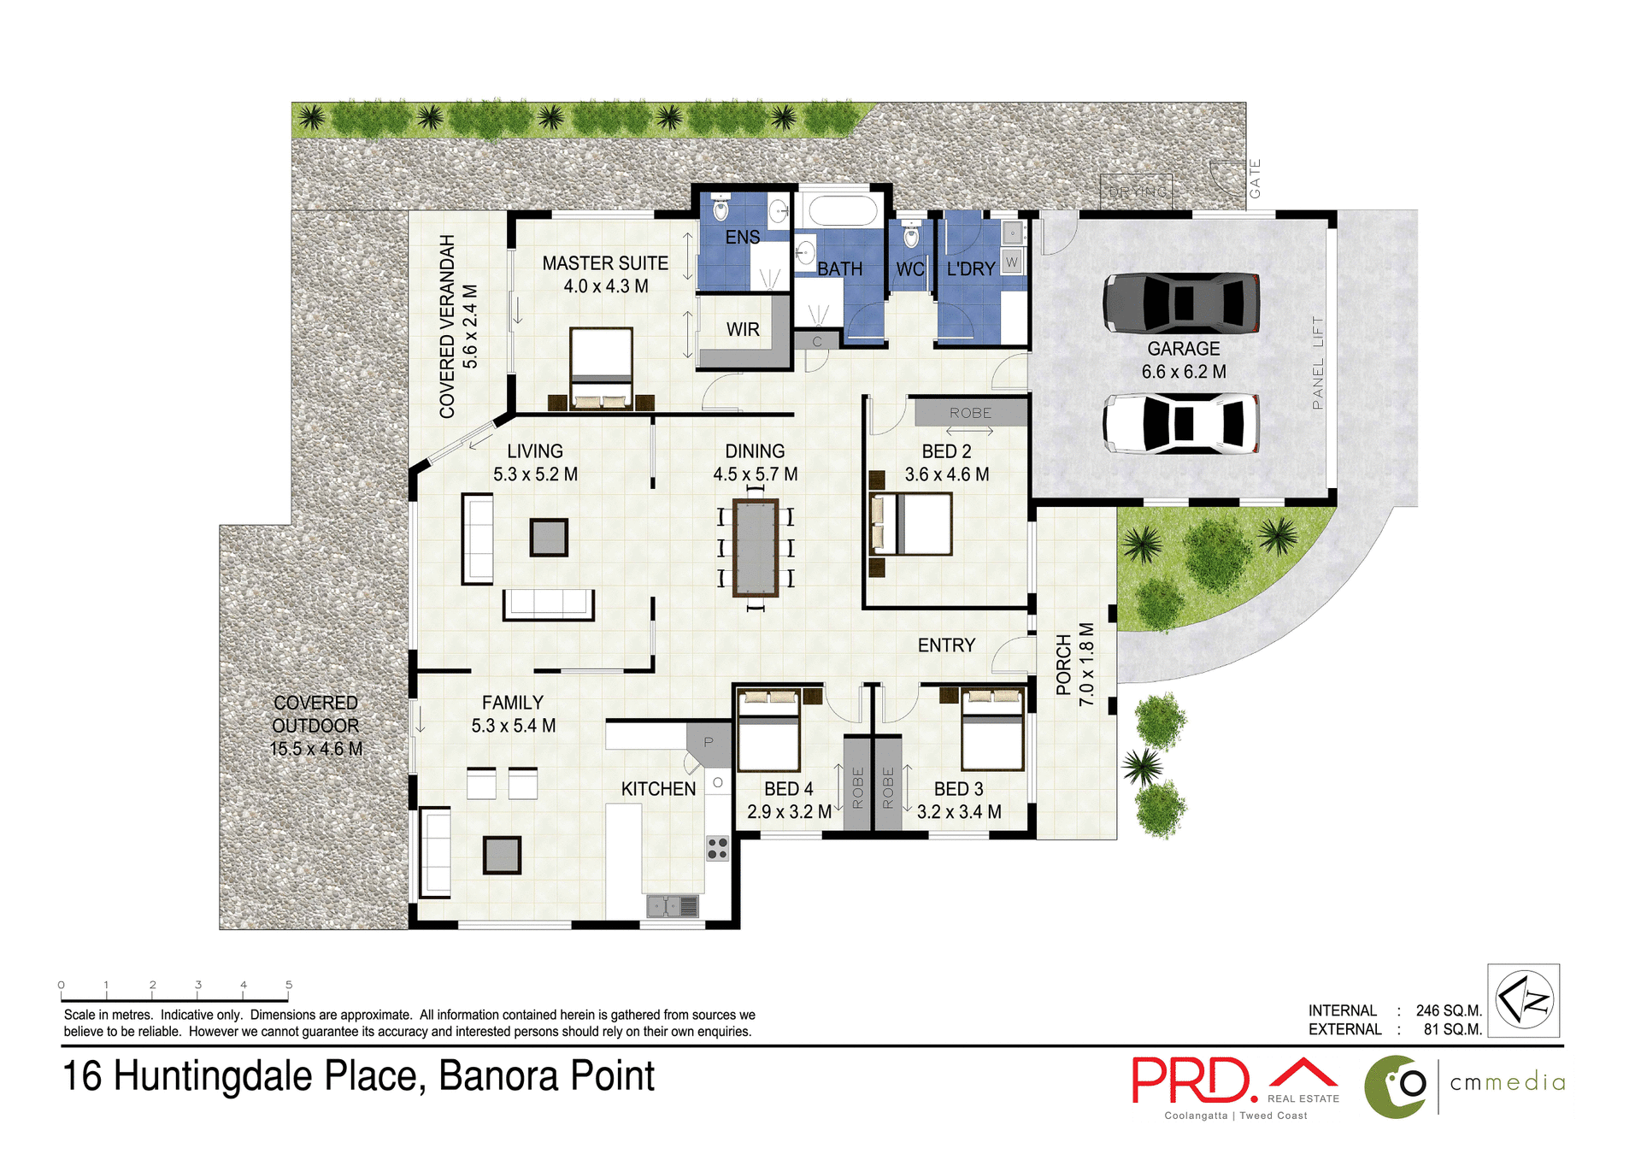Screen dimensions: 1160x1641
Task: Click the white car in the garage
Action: [1180, 423]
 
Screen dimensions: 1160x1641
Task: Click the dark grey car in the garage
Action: [1180, 303]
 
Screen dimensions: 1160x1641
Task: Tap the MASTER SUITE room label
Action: [605, 263]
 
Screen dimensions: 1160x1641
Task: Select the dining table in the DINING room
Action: [756, 547]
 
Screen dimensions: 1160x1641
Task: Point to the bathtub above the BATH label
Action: [842, 210]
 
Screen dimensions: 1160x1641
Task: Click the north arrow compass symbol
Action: [1524, 1000]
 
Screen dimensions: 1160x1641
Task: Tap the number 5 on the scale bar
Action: [289, 985]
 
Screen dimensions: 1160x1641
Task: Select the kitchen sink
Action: [673, 905]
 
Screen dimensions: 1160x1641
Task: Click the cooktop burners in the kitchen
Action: [717, 848]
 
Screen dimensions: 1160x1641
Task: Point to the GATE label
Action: [1255, 179]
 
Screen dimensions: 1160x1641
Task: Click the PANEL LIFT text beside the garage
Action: [1317, 362]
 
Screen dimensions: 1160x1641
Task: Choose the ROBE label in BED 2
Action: [970, 413]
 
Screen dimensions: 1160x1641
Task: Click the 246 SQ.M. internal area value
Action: [1448, 1010]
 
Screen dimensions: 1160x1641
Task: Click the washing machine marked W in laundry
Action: [1012, 262]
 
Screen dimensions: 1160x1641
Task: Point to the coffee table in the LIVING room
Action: [548, 538]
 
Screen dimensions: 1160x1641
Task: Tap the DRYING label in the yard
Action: [1137, 192]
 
